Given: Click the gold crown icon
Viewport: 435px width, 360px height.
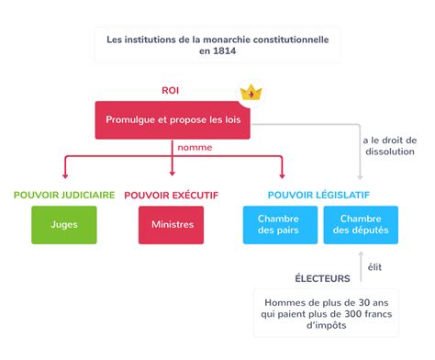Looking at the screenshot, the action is tap(251, 93).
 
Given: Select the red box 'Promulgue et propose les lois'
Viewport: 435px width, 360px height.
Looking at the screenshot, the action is tap(173, 120).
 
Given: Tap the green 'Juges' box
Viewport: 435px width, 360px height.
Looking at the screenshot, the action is tap(64, 225).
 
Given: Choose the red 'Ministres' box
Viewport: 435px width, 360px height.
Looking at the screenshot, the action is tap(171, 225).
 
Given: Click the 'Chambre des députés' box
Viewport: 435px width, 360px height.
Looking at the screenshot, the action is tap(361, 225).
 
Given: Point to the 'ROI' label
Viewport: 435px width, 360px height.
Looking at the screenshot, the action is tap(171, 91).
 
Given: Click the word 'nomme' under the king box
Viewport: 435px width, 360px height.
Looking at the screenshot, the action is tap(195, 148).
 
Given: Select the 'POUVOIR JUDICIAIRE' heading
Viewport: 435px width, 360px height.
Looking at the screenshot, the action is tap(64, 195).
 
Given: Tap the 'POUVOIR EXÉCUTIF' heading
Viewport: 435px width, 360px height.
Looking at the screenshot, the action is tap(172, 195).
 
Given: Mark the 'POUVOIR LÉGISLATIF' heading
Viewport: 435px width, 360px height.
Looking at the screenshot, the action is tap(318, 195).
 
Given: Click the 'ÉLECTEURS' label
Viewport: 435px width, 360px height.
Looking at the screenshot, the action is tap(322, 278).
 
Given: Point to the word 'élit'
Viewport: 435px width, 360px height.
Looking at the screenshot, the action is tap(374, 267).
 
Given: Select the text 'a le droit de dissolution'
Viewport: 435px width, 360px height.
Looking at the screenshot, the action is tap(390, 146).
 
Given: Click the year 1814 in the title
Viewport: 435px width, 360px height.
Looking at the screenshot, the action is tap(226, 51).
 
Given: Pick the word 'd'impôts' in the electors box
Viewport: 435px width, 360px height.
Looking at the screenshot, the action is tap(327, 325).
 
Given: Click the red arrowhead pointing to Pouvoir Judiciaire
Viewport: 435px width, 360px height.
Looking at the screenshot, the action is tap(65, 176).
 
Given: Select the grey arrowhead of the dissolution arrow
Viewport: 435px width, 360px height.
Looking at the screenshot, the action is tap(360, 177).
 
